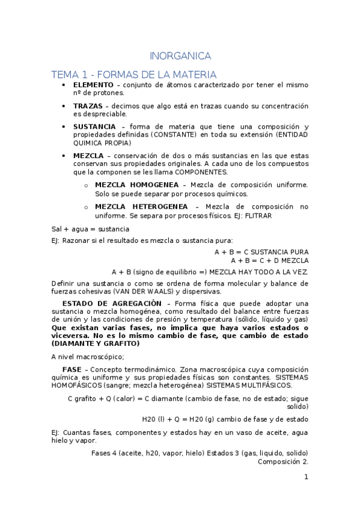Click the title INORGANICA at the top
tap(180, 57)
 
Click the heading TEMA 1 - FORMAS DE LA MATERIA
tap(134, 75)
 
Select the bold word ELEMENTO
tap(93, 85)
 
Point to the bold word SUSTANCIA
tap(94, 127)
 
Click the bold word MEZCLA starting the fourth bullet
tap(88, 156)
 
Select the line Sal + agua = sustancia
tap(90, 229)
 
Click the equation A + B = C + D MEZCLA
tap(269, 260)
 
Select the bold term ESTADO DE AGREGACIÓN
tap(112, 303)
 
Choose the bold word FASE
tap(72, 369)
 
